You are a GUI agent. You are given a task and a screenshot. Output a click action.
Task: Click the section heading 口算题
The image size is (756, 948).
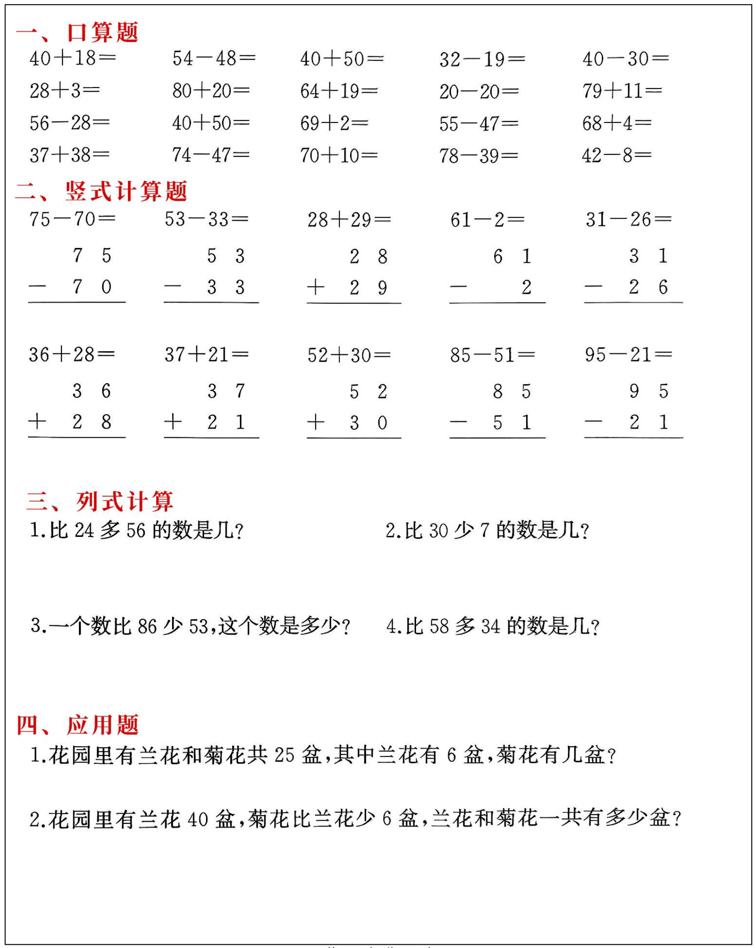(x=102, y=33)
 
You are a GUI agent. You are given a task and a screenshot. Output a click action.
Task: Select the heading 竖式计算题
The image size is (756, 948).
(x=126, y=191)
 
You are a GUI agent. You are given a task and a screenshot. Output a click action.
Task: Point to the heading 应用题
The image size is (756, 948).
(x=102, y=725)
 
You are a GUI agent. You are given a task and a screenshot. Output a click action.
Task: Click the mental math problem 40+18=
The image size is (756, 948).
(x=72, y=59)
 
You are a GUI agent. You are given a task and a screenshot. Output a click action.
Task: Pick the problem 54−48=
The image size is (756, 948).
(x=214, y=59)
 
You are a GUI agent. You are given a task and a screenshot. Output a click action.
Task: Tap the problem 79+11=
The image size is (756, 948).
(x=622, y=91)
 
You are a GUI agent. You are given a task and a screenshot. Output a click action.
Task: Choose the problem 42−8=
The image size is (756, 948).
(x=616, y=155)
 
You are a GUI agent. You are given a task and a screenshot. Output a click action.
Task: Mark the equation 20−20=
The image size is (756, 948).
(x=479, y=92)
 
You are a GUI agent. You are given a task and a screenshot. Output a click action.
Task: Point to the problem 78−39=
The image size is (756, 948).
(x=478, y=156)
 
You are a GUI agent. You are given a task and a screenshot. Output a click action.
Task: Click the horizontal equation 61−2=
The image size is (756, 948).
(x=487, y=220)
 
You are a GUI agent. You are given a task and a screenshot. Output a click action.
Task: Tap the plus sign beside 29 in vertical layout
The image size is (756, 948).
(x=316, y=287)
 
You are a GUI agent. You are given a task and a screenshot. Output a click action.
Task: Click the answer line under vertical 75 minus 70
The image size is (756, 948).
(x=77, y=302)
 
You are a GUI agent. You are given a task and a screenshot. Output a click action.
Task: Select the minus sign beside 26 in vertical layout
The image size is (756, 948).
(x=593, y=287)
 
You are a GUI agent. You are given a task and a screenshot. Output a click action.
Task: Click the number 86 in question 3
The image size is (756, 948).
(x=147, y=626)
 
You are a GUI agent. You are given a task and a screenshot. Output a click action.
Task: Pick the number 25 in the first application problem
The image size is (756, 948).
(x=284, y=755)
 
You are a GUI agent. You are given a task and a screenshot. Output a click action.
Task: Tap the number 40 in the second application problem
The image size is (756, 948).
(x=198, y=819)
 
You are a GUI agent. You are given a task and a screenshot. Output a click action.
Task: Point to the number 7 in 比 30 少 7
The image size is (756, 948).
(x=484, y=531)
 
